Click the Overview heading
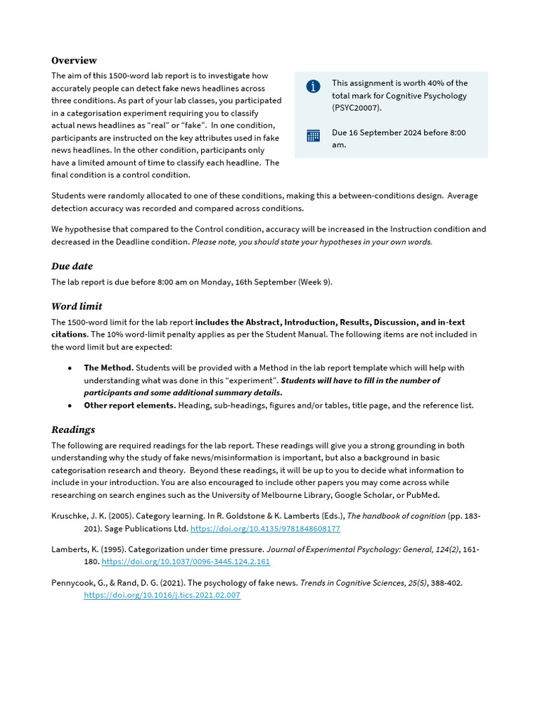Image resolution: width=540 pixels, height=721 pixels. click(x=74, y=61)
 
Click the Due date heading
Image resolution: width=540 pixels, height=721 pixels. click(x=72, y=266)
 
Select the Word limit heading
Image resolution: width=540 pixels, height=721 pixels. click(x=77, y=306)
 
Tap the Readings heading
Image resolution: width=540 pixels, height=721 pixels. click(x=73, y=430)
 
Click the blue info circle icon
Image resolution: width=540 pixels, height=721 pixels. click(x=314, y=86)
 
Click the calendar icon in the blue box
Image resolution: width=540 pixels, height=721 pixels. click(x=314, y=136)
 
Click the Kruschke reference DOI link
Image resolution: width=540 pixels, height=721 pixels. click(x=265, y=529)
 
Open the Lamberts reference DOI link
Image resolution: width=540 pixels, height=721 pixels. click(x=186, y=562)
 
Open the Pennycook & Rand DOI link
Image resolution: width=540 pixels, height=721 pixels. click(x=162, y=595)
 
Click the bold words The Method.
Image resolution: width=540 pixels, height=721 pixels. click(x=108, y=368)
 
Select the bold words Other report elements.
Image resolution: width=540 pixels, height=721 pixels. click(x=129, y=406)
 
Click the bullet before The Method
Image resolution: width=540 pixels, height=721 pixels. click(x=70, y=368)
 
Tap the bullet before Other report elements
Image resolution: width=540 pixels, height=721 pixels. click(x=70, y=406)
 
